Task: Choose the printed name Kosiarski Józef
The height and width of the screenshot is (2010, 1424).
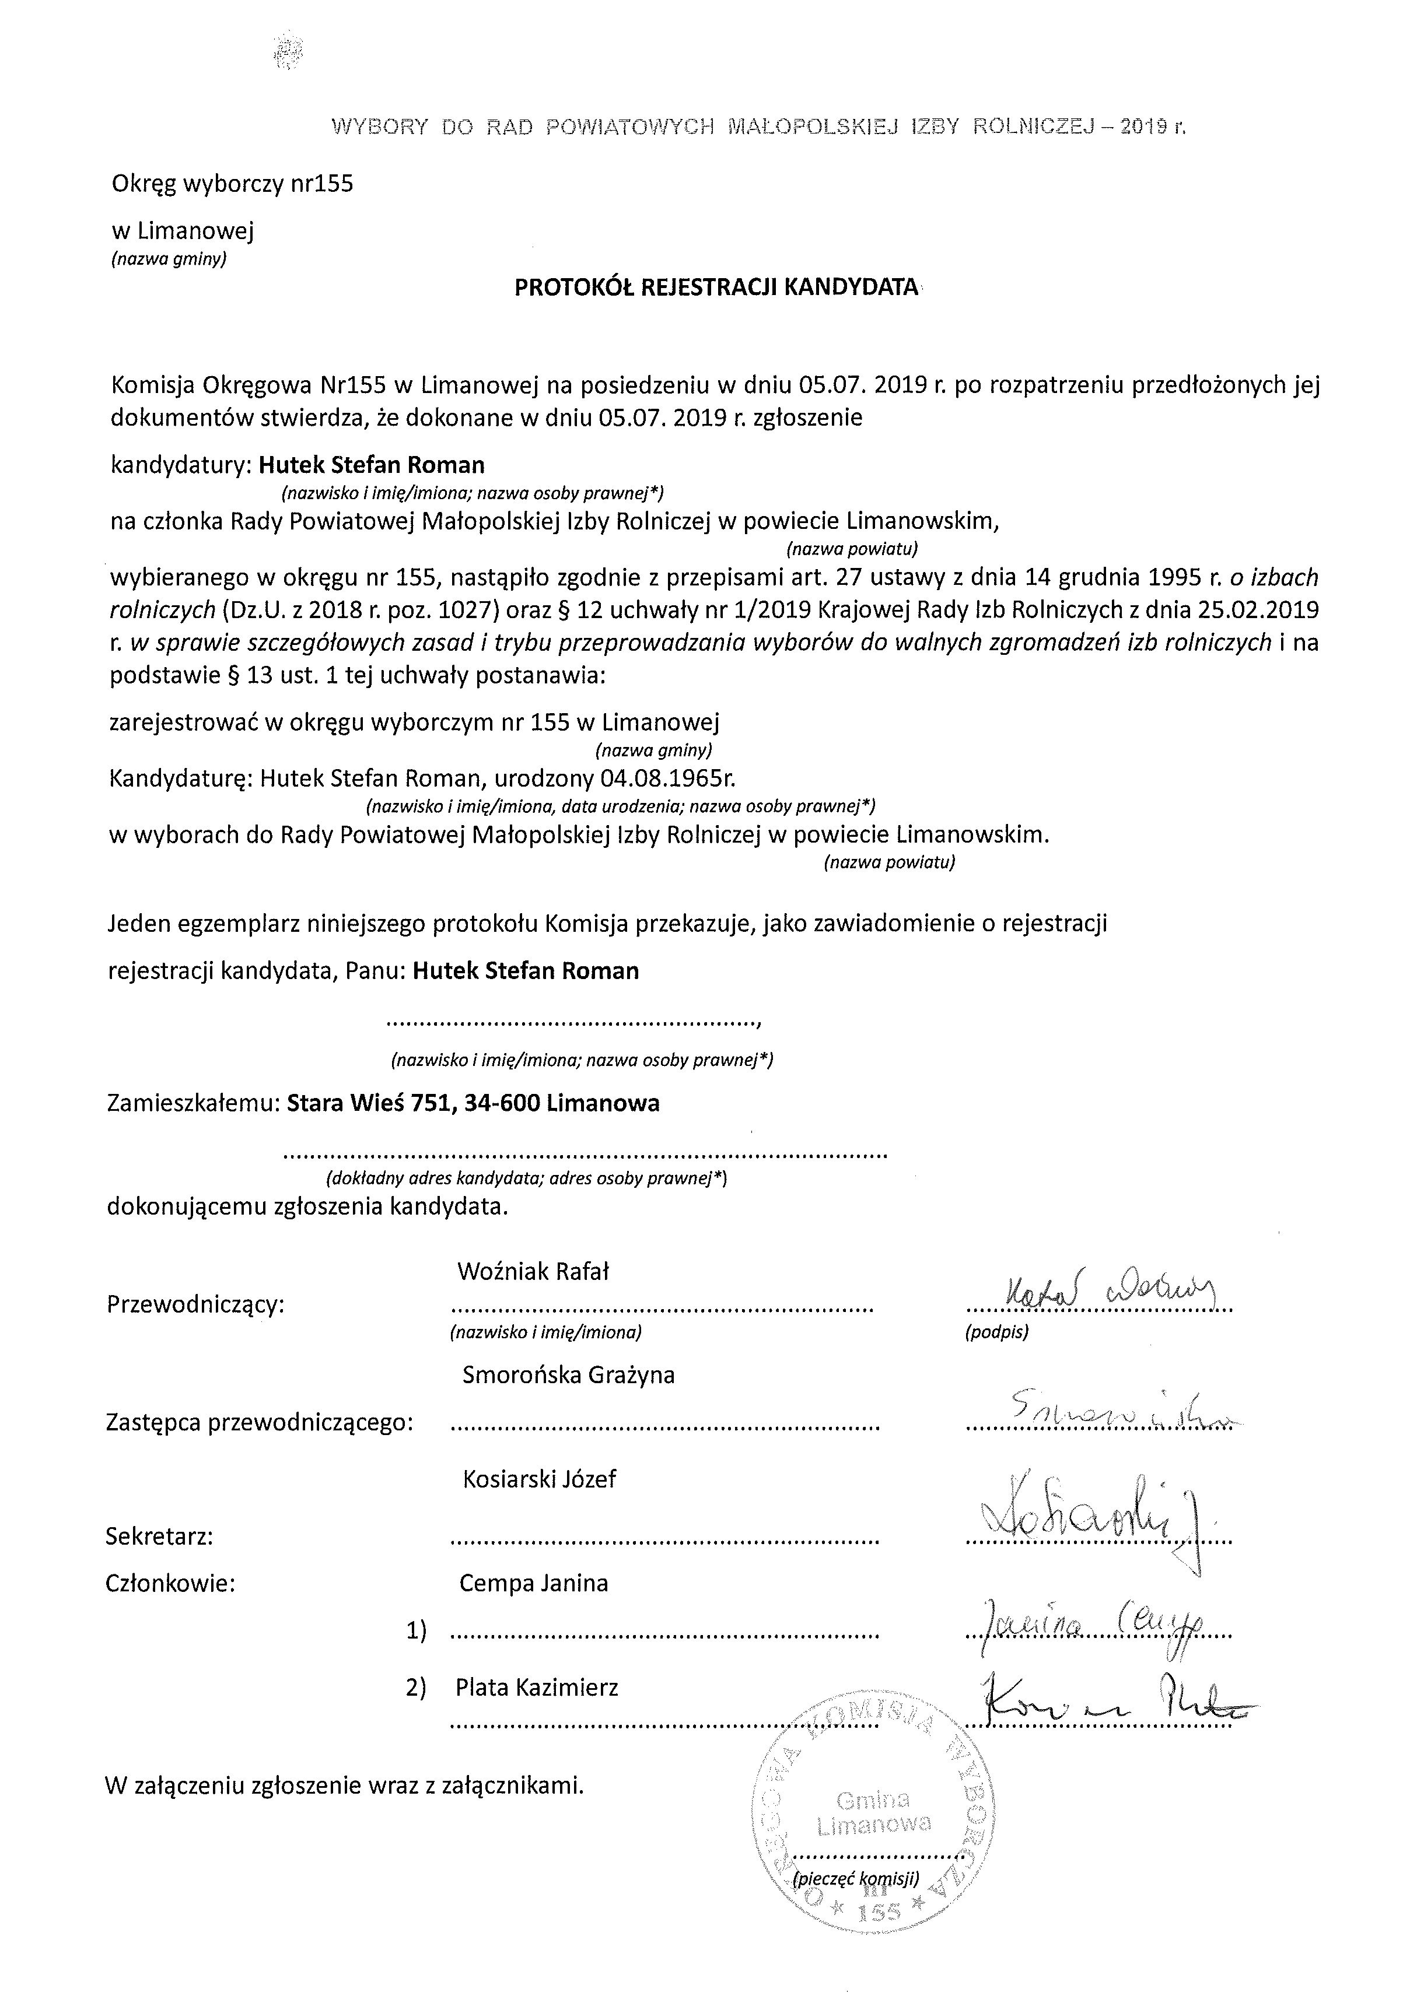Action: click(538, 1480)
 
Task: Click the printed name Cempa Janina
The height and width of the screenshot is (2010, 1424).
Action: click(533, 1583)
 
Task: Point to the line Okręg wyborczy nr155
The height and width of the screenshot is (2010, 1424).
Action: click(232, 184)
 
